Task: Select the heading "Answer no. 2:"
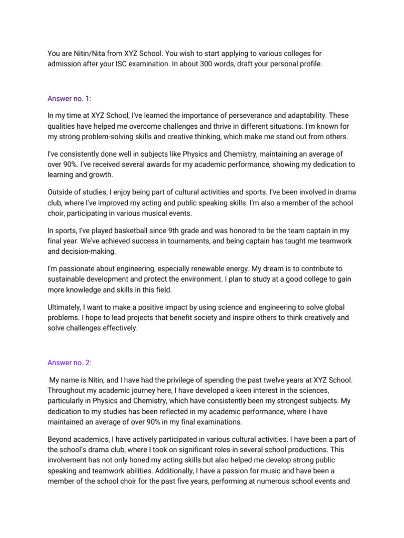69,363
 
